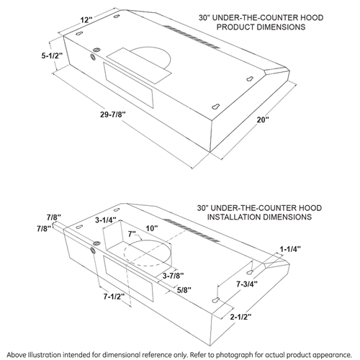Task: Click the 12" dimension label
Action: pos(86,19)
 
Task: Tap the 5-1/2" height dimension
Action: pos(52,55)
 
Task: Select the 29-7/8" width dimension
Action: pos(113,114)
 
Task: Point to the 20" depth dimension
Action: pos(263,120)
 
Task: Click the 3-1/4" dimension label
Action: pos(106,220)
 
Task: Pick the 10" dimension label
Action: pos(152,228)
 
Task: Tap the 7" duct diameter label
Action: pos(132,233)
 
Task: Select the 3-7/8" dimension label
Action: pos(174,276)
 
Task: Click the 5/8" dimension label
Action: pos(184,290)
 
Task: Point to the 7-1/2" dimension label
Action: pos(114,297)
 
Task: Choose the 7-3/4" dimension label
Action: pos(247,284)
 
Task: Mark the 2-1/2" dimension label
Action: pos(240,317)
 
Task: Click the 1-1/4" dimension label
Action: pos(290,249)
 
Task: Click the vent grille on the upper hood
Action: pos(192,37)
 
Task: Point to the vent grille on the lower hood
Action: pos(192,230)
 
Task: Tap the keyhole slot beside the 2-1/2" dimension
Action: pos(216,300)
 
